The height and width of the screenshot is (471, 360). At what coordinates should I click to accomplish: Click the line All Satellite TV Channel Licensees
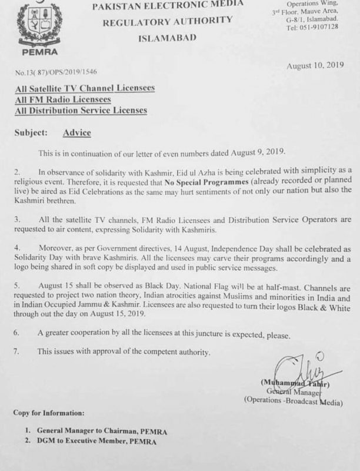point(85,88)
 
